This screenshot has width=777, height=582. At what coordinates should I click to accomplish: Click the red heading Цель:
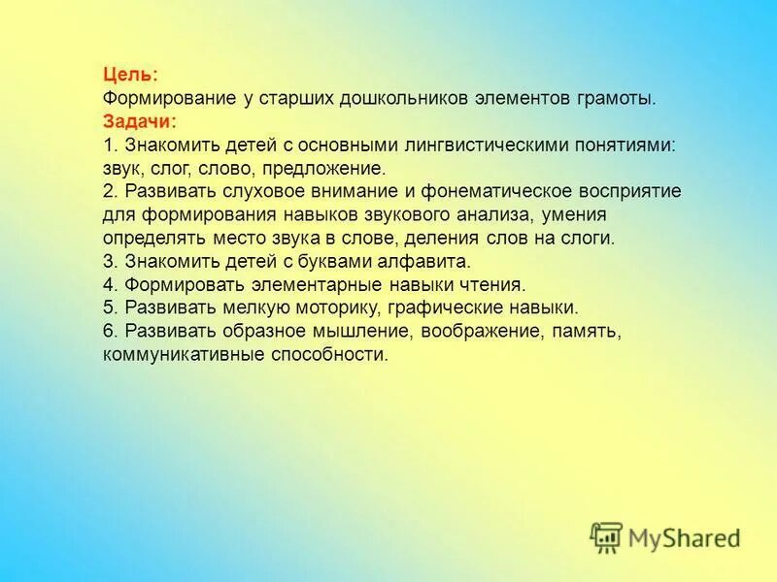click(130, 75)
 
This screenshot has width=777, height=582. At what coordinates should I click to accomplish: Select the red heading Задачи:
click(139, 121)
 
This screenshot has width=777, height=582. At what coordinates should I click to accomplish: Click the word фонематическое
click(491, 191)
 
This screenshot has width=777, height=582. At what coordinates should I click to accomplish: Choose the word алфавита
click(431, 261)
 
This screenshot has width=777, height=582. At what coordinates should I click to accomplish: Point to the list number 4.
click(107, 284)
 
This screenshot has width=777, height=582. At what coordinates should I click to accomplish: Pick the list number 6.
click(107, 331)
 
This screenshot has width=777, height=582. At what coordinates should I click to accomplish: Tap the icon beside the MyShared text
click(606, 537)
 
